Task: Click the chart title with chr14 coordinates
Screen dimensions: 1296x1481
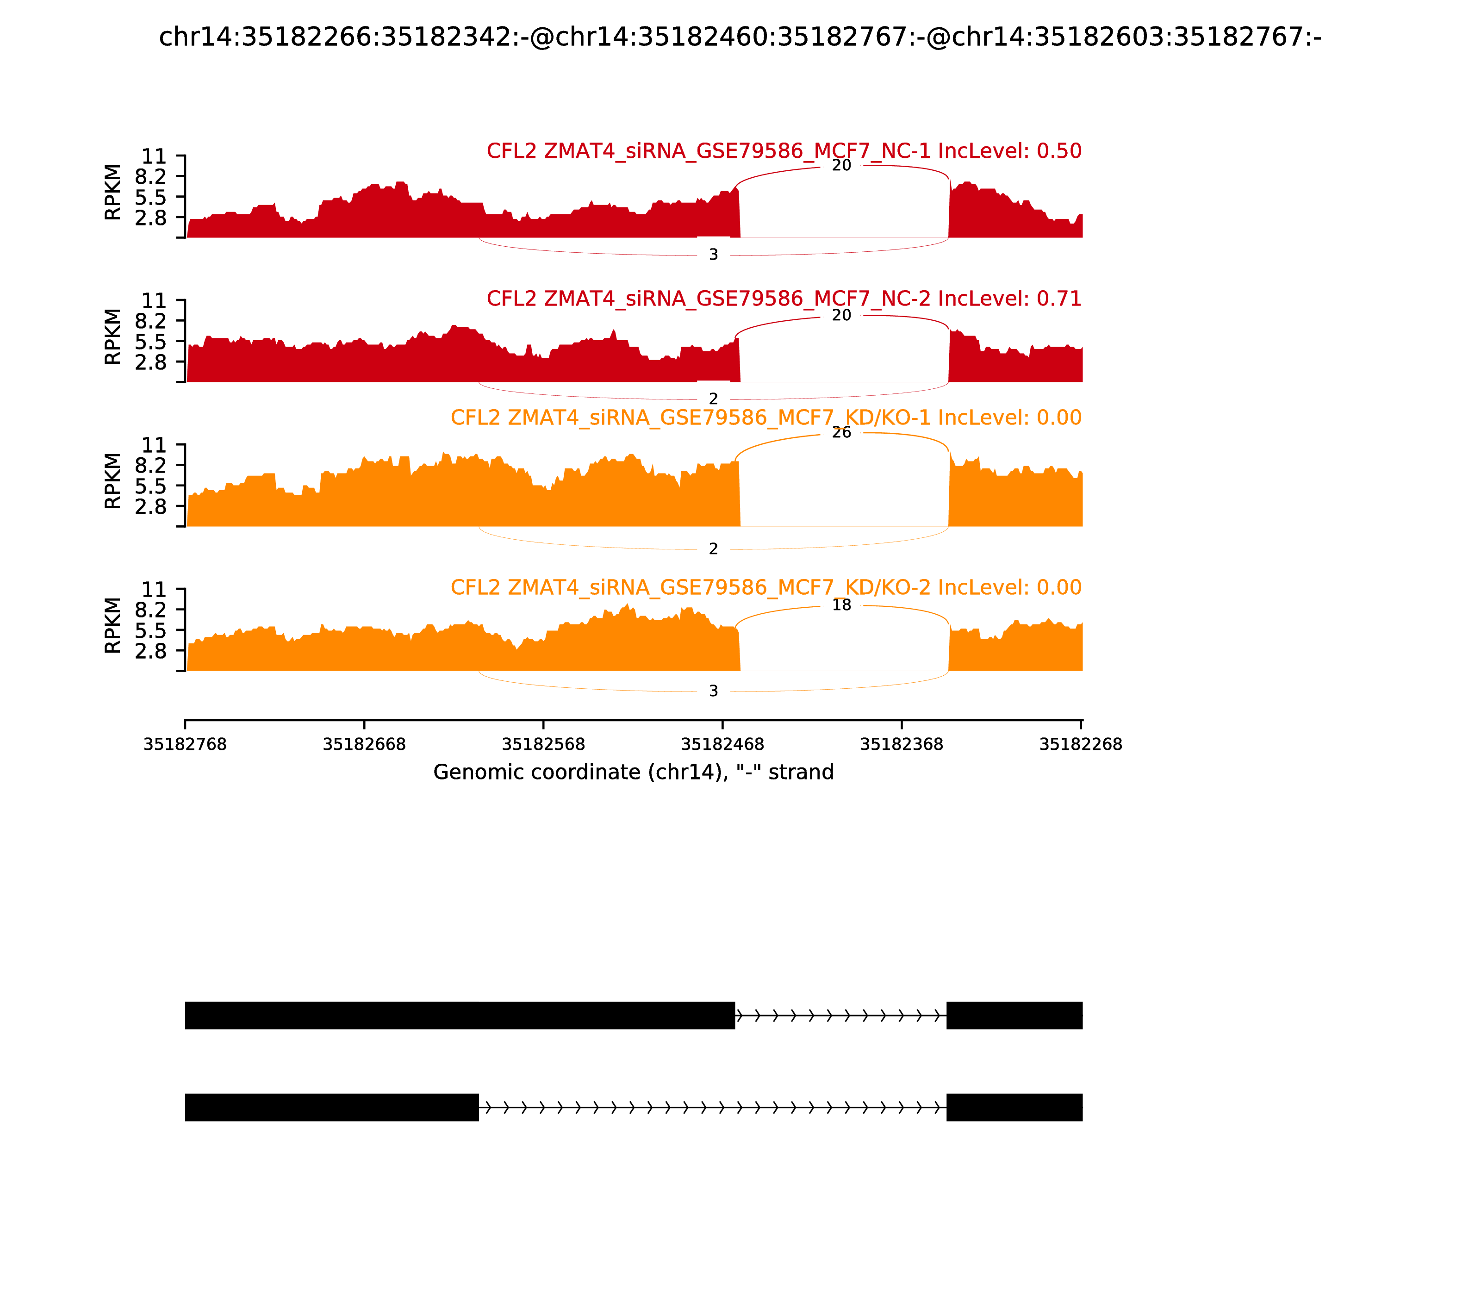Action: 740,37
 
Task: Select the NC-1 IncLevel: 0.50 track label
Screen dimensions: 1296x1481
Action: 784,151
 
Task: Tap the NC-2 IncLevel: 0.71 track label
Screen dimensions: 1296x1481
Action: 784,299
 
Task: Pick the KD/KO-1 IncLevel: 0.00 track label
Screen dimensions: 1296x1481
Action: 766,418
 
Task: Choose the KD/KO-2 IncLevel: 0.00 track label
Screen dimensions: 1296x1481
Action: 766,587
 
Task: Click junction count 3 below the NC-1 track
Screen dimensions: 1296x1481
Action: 714,255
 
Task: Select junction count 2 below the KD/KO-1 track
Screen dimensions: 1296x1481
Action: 714,549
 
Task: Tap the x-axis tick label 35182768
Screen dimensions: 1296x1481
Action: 185,744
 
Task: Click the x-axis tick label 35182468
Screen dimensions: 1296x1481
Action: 722,744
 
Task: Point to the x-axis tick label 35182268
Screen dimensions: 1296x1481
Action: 1080,744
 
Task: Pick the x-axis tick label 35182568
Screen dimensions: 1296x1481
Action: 543,744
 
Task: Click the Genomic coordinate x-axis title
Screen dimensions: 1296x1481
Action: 634,773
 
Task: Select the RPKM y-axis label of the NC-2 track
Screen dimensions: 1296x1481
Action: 113,336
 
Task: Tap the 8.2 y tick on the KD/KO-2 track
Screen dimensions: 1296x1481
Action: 150,610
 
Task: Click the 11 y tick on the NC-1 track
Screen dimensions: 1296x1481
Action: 153,157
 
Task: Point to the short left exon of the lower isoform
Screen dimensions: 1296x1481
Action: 332,1107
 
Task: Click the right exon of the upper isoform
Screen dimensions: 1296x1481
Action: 1014,1016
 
